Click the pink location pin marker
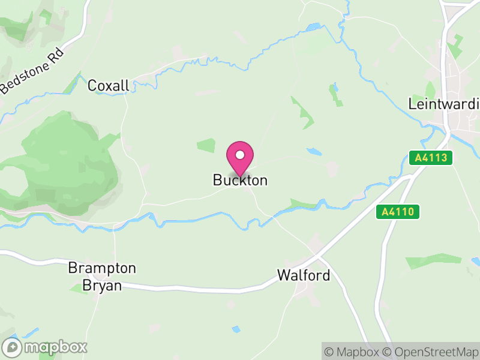pyautogui.click(x=240, y=159)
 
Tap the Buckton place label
pyautogui.click(x=240, y=180)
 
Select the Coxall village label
pyautogui.click(x=109, y=86)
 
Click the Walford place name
pyautogui.click(x=304, y=275)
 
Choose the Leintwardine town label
pyautogui.click(x=444, y=103)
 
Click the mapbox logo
pyautogui.click(x=46, y=347)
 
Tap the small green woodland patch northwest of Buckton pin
pyautogui.click(x=206, y=145)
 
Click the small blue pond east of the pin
pyautogui.click(x=313, y=152)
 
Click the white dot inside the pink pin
pyautogui.click(x=240, y=155)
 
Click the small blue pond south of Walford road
pyautogui.click(x=236, y=329)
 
